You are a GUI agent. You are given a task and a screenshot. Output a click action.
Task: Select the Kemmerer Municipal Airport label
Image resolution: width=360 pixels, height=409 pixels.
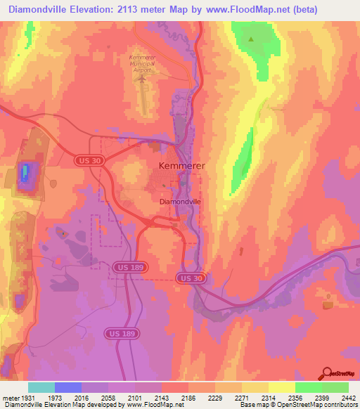[x=146, y=63]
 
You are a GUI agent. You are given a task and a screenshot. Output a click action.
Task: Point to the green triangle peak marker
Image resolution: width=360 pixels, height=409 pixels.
[x=251, y=39]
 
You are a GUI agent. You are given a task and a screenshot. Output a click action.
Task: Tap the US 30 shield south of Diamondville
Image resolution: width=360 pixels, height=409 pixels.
[x=191, y=278]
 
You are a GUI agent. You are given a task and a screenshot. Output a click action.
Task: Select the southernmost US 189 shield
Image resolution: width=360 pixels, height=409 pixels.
[x=118, y=332]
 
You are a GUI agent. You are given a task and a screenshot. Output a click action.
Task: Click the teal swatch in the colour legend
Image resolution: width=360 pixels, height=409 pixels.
[x=41, y=387]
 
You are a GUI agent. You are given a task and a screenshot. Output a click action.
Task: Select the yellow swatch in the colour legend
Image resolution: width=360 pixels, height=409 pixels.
[x=282, y=387]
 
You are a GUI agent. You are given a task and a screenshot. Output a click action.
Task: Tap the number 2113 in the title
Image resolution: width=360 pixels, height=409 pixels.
[x=137, y=10]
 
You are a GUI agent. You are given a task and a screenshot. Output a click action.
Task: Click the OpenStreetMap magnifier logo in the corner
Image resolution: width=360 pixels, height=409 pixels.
[x=328, y=373]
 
